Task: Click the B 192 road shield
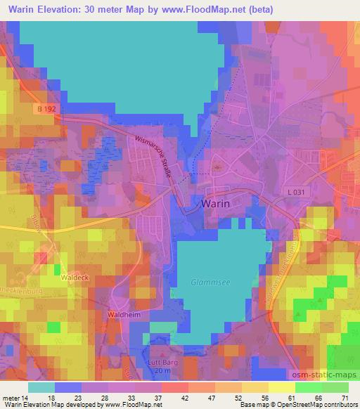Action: (48, 109)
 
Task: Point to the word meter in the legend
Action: (12, 398)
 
